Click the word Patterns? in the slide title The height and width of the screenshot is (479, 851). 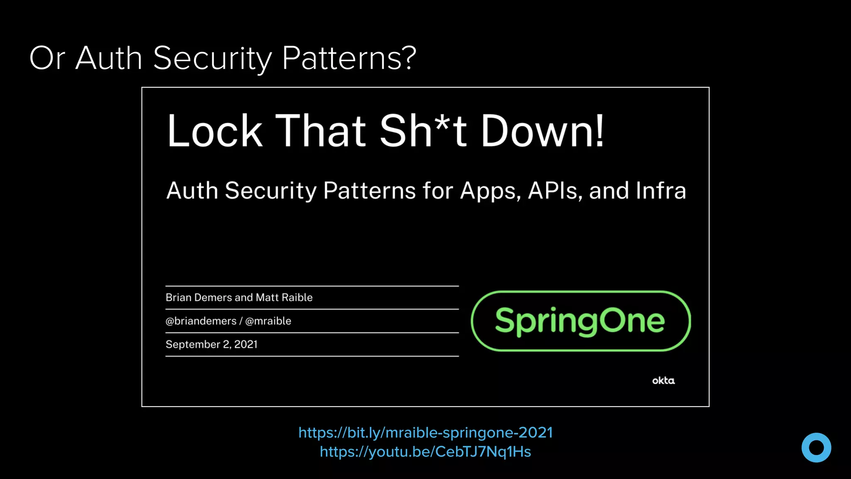[x=349, y=58]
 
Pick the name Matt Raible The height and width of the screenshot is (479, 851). [x=284, y=298]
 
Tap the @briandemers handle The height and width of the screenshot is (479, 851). [x=201, y=321]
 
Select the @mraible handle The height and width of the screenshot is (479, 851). [x=268, y=321]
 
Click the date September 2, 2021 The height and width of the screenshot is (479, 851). [x=212, y=344]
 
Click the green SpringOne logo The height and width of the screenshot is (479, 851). [x=580, y=321]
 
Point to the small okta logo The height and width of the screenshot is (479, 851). [x=663, y=380]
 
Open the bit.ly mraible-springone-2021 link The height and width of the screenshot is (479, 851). [x=425, y=433]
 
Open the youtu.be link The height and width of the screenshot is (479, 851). [x=425, y=452]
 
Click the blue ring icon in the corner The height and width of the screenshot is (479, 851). [x=816, y=447]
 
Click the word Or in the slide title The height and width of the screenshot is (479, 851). [x=47, y=58]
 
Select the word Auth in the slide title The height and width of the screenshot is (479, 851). [x=109, y=58]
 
